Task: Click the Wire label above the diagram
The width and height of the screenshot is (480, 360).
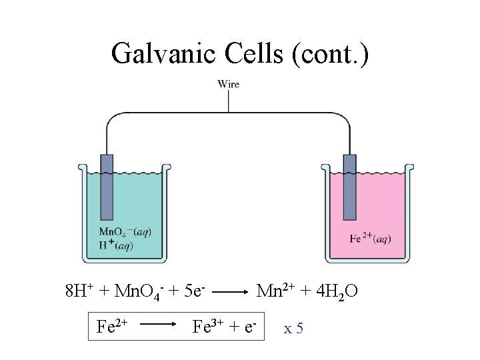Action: [x=229, y=84]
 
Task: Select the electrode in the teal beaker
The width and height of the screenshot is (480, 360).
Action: [x=107, y=187]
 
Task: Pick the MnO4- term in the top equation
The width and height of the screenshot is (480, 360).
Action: [x=136, y=291]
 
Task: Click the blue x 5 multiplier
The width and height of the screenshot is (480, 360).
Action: [x=293, y=329]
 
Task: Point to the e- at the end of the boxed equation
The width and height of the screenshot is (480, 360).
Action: [x=251, y=327]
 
